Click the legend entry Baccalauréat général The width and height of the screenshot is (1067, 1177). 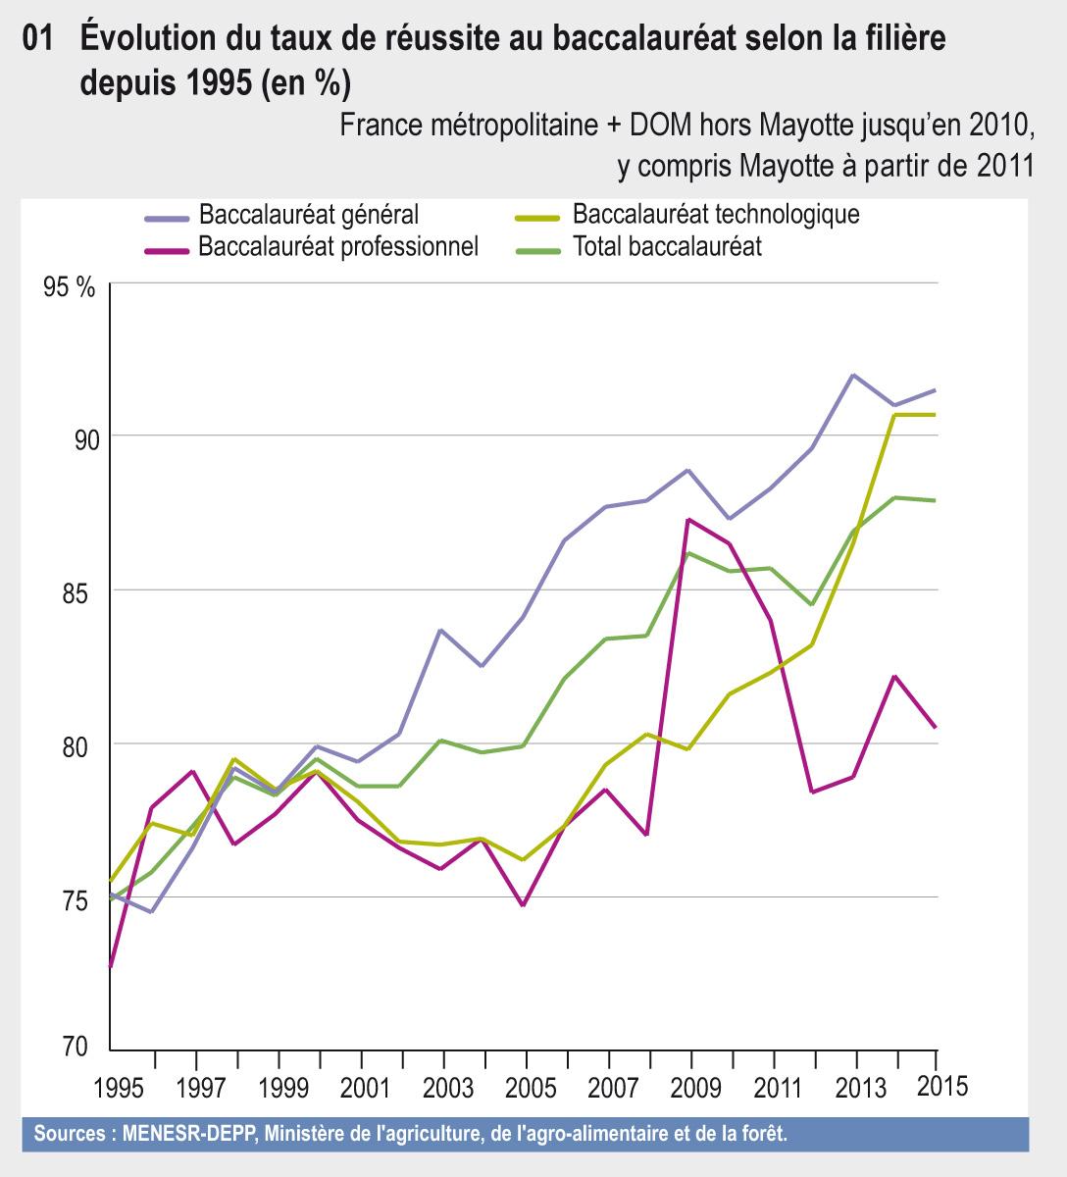click(x=308, y=214)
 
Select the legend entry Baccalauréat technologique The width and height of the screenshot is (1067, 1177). click(x=716, y=214)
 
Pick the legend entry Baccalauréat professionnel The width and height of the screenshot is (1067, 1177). click(x=337, y=246)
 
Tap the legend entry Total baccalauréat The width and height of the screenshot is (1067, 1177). click(x=667, y=246)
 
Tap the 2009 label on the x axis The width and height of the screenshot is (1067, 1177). click(x=691, y=1088)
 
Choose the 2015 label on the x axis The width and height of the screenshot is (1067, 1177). click(x=940, y=1086)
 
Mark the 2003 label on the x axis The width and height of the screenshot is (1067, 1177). click(x=443, y=1088)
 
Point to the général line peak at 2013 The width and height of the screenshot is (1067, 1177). click(x=854, y=375)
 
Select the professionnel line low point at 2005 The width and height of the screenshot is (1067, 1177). click(x=524, y=905)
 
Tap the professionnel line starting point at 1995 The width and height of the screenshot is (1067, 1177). click(x=111, y=966)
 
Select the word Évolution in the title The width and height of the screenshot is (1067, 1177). click(x=144, y=39)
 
